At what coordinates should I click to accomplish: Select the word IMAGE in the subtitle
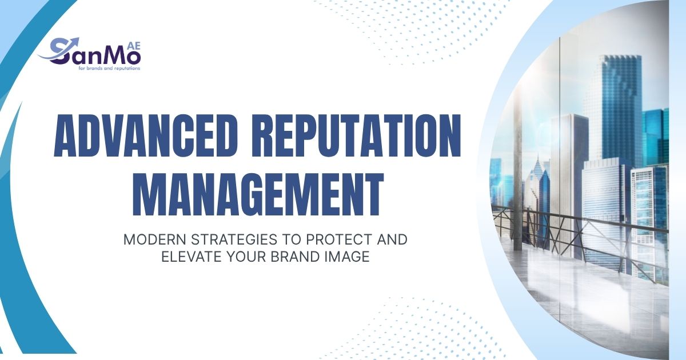tap(349, 257)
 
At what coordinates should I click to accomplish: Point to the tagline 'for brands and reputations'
tap(109, 68)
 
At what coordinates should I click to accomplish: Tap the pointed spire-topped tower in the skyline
tap(537, 183)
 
